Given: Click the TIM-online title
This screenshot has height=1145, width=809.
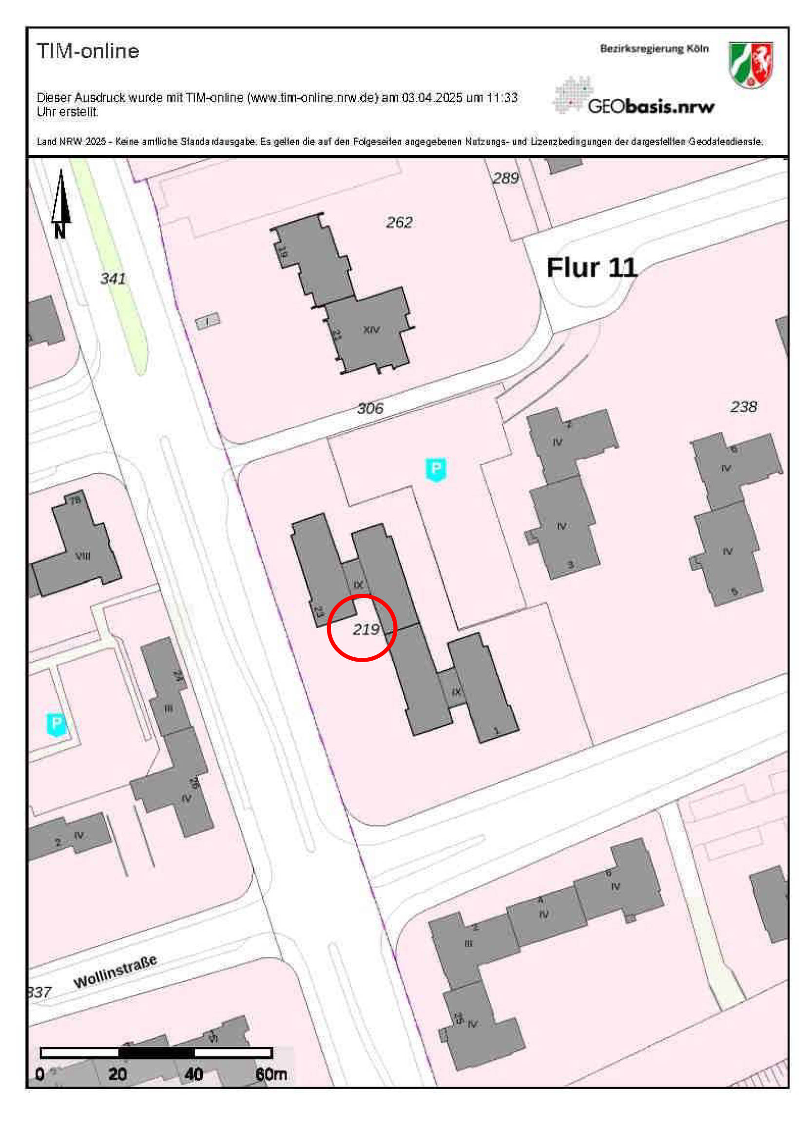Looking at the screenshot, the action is (x=88, y=51).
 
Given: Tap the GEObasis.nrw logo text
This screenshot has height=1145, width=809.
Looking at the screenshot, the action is (x=651, y=106).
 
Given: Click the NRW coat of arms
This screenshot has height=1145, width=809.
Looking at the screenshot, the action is (x=751, y=64).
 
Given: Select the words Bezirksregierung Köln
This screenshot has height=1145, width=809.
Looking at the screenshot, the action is (x=654, y=48).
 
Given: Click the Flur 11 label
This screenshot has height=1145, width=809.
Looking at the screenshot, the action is (x=592, y=268).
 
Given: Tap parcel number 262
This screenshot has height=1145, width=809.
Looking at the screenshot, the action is (x=399, y=222).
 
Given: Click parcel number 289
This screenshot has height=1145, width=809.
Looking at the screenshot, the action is (x=505, y=178).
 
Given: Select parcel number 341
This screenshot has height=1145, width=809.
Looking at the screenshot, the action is (x=113, y=279).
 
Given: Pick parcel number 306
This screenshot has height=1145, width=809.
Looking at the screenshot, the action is (x=370, y=408).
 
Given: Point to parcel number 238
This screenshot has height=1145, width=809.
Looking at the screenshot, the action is (x=743, y=406).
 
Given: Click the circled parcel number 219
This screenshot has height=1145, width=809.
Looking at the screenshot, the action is (x=366, y=630).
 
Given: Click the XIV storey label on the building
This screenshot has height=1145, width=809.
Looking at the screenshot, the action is (x=371, y=330).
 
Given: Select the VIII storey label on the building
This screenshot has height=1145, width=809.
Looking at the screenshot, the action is (x=83, y=555).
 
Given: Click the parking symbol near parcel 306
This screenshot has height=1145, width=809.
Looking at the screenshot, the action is (x=436, y=469).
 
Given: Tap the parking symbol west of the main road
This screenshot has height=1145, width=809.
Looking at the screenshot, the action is (x=57, y=724).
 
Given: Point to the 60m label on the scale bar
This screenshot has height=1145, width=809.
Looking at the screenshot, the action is (x=271, y=1074).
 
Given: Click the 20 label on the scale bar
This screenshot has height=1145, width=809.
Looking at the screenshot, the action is (x=118, y=1074).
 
